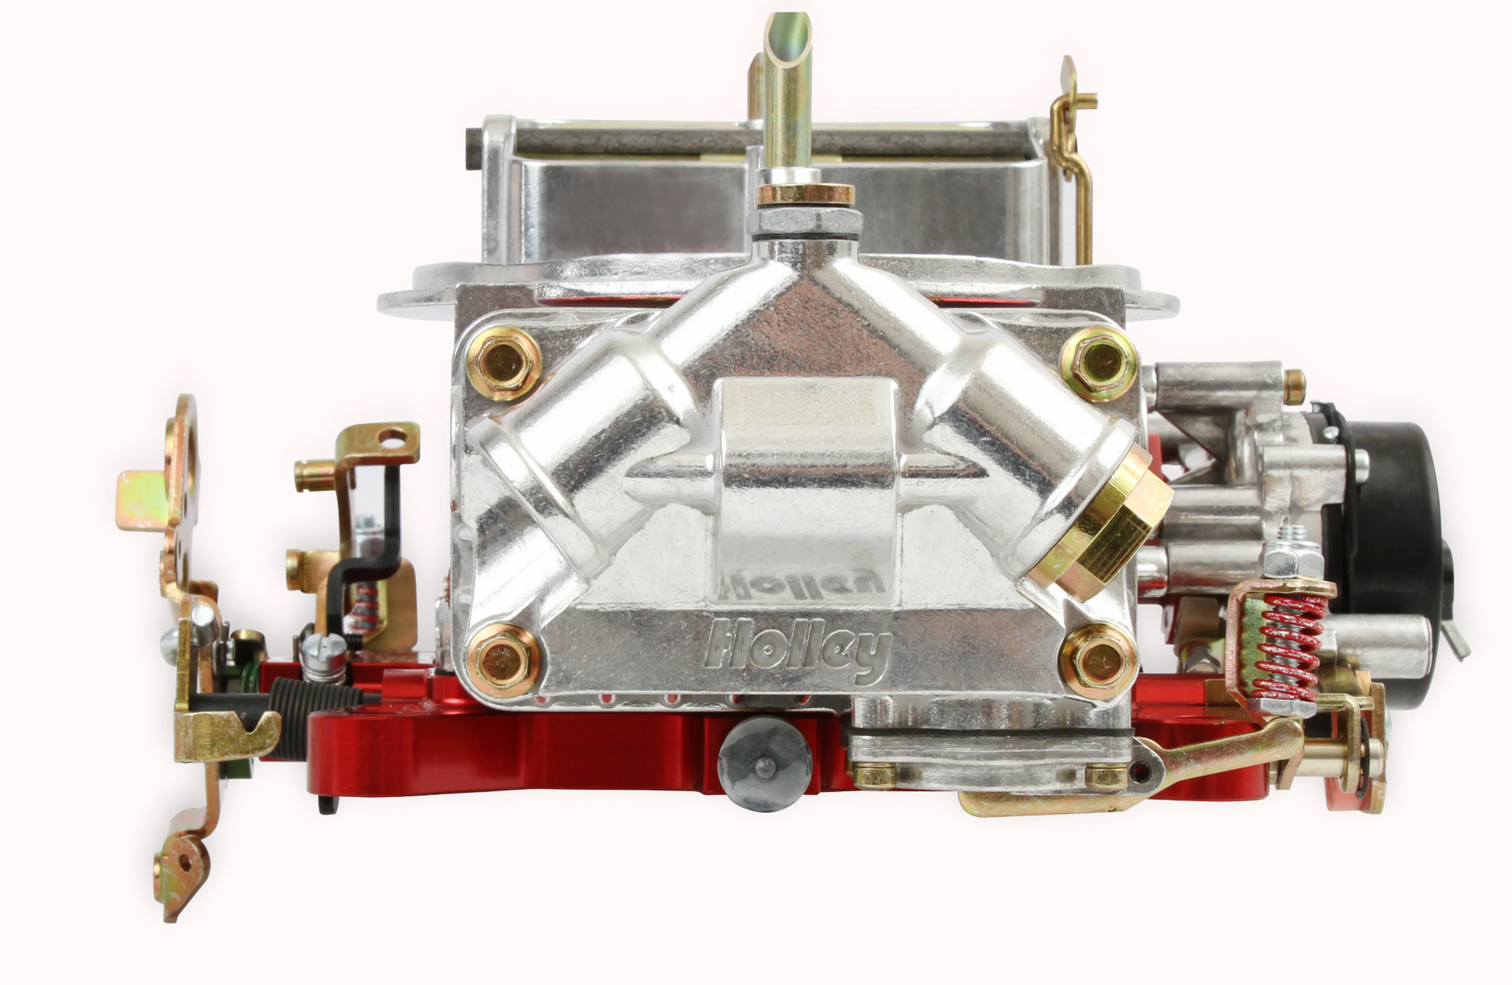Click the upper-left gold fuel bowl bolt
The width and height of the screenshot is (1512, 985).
point(504,363)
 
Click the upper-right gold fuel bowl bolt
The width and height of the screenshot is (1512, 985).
point(1099,362)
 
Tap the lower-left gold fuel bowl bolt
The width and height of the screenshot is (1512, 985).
point(503,660)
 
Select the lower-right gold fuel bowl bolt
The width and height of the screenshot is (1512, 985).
point(1099,660)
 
